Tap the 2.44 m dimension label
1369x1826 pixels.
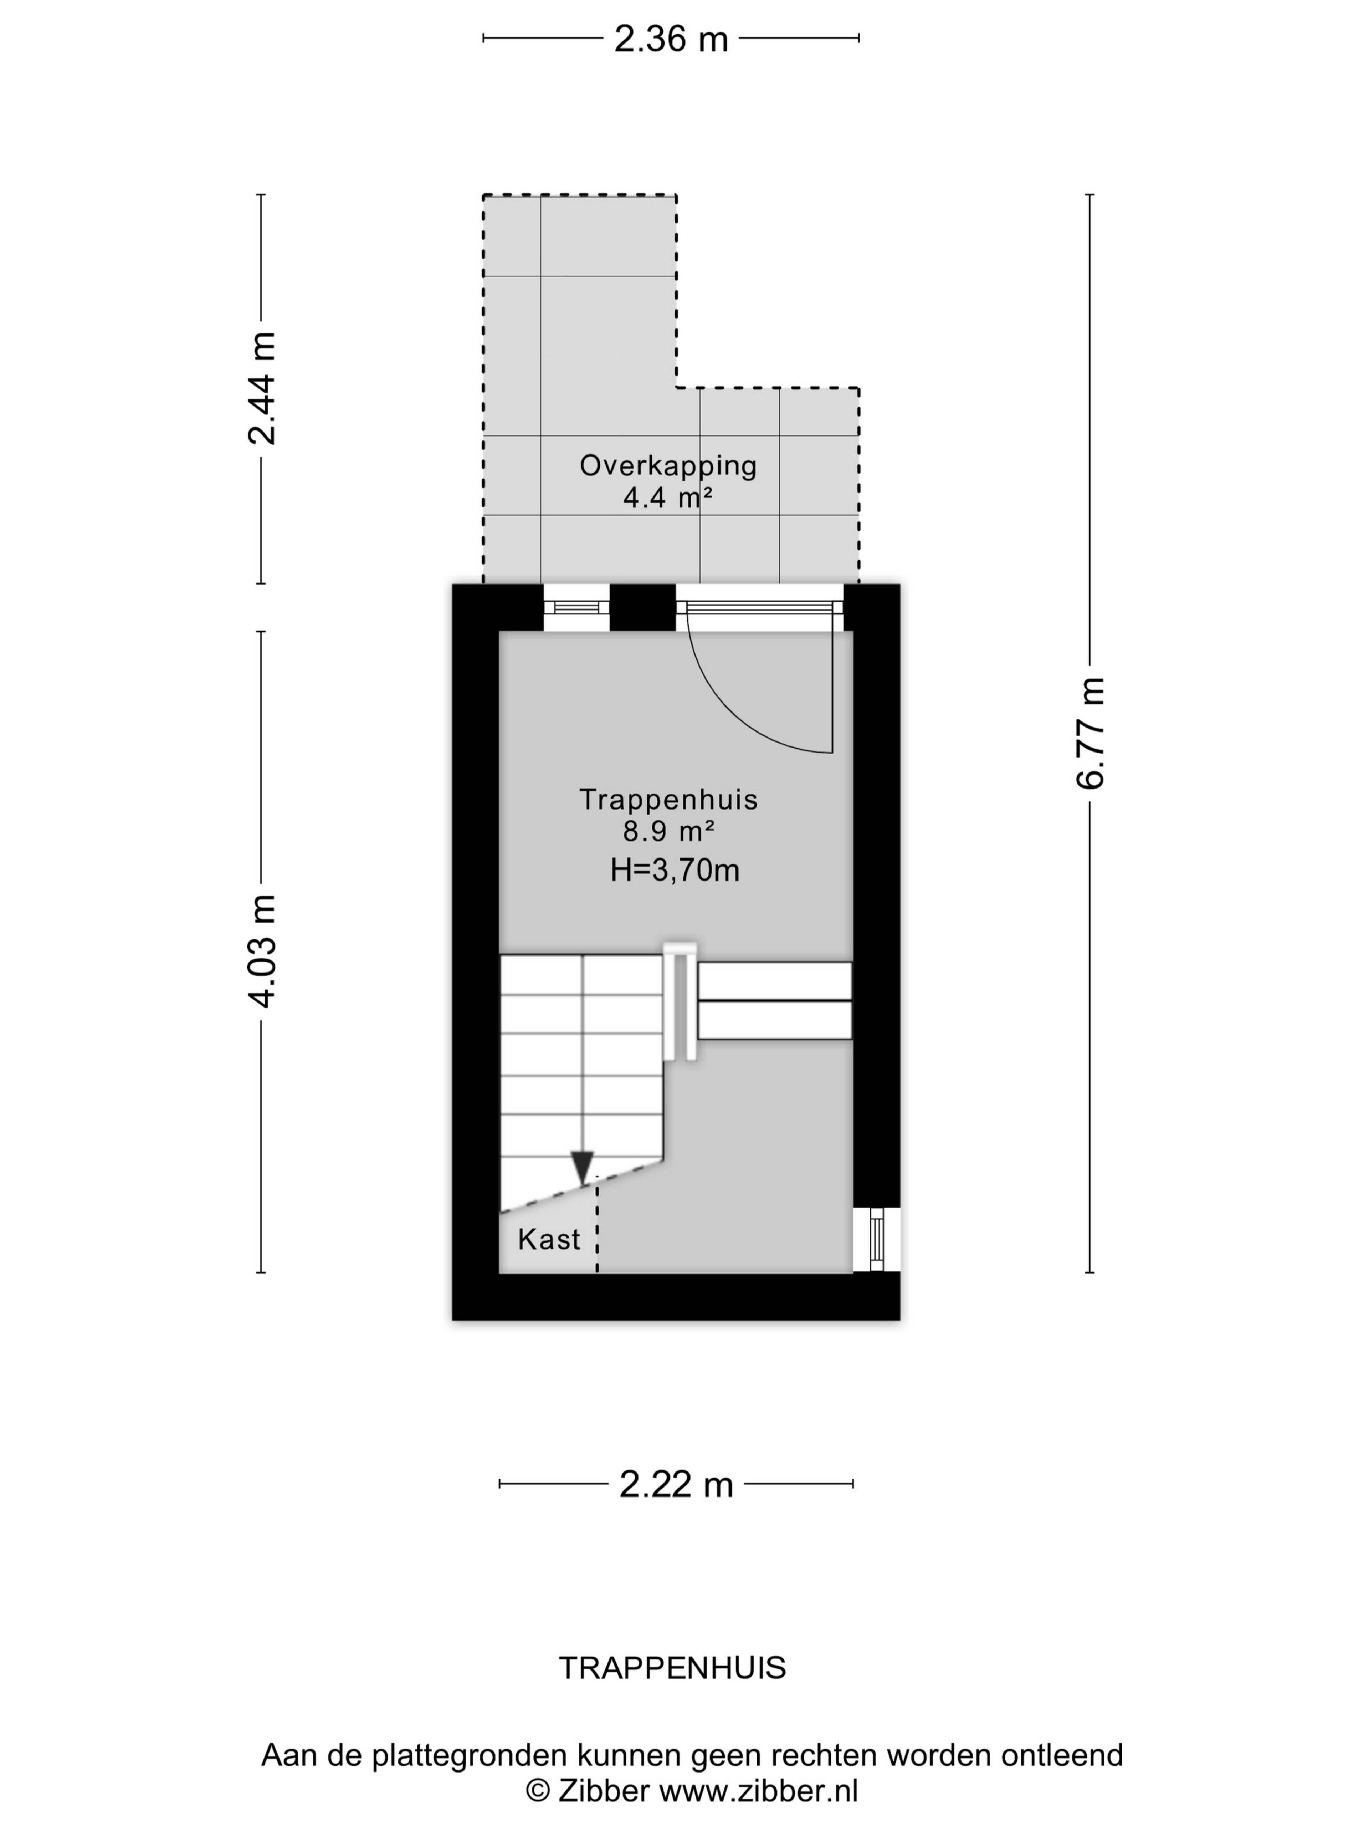(x=262, y=388)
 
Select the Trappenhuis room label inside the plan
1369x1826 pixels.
(x=668, y=799)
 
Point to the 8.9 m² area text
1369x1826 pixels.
(x=668, y=831)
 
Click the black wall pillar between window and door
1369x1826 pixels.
(x=642, y=608)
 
